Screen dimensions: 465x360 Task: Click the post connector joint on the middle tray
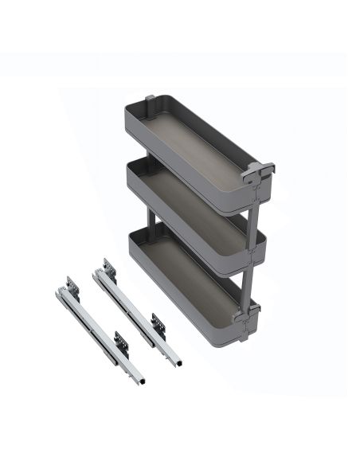coord(254,248)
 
